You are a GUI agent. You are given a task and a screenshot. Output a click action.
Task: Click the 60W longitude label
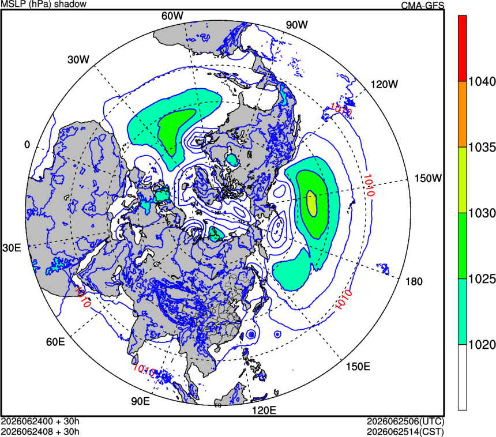point(172,16)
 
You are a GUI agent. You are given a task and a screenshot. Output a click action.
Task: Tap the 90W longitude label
point(296,25)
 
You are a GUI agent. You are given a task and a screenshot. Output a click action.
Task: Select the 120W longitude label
point(384,84)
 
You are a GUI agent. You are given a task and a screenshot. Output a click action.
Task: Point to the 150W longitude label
point(428,178)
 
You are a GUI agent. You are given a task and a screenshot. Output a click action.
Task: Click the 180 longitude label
point(414,281)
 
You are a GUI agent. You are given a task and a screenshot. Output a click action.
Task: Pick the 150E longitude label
point(358,367)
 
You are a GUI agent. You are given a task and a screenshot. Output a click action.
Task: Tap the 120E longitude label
point(264,410)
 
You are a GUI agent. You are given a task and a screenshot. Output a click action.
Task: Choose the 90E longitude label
point(141,401)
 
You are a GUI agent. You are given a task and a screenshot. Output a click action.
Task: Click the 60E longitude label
point(55,342)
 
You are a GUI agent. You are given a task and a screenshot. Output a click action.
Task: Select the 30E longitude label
point(12,248)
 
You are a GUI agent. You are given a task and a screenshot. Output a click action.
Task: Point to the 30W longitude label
point(78,59)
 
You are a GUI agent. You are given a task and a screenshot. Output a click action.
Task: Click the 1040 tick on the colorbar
point(482,82)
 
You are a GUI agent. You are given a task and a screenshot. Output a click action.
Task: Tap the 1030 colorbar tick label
point(482,213)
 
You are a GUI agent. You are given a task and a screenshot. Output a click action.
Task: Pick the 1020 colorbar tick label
point(482,345)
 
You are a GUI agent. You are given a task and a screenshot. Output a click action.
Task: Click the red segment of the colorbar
point(463,48)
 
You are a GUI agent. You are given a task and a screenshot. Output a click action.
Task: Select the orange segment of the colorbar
point(463,114)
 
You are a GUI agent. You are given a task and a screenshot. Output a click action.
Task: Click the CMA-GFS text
point(423,5)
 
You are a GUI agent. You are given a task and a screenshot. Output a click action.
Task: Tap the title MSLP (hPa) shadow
point(44,4)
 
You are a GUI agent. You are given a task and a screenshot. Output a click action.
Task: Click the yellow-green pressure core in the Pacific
point(312,204)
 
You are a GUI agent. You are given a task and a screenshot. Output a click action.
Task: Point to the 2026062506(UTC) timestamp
point(405,421)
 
